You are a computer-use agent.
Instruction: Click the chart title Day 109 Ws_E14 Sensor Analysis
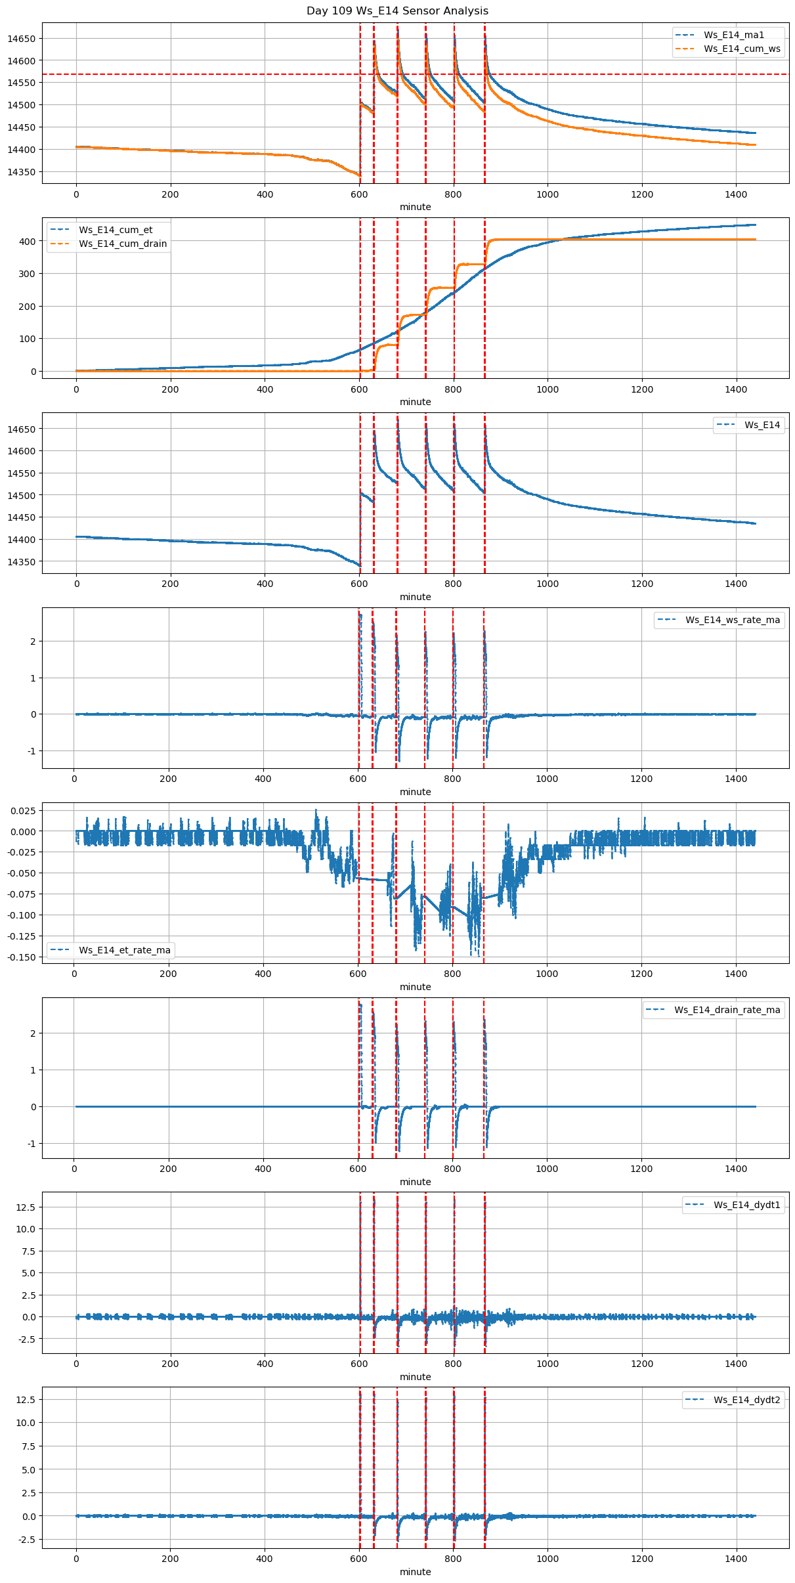[397, 11]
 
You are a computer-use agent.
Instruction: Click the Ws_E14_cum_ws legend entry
[742, 49]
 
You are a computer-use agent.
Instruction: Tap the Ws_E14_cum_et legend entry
[116, 230]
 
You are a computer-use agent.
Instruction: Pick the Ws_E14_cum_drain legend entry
[123, 244]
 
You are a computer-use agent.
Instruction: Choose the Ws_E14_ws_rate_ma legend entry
[733, 620]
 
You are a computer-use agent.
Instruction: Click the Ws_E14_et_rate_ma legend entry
[124, 950]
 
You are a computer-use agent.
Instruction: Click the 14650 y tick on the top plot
[21, 39]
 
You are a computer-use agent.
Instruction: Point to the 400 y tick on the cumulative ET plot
[28, 242]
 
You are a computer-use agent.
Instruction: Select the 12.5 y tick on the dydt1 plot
[26, 1207]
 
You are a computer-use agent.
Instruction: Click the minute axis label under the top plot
[416, 207]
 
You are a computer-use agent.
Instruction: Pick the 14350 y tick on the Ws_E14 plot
[21, 562]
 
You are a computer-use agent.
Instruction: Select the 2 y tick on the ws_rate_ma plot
[32, 641]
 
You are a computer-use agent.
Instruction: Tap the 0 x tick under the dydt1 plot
[76, 1364]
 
